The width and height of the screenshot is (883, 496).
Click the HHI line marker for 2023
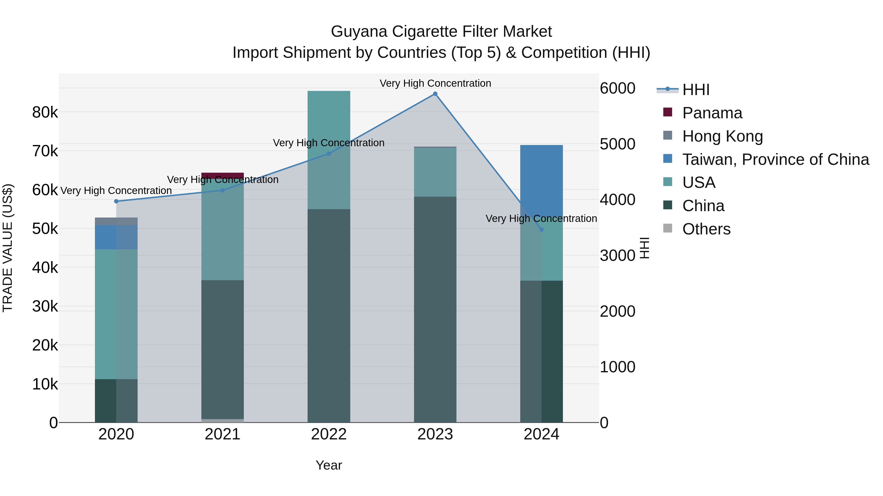tap(435, 94)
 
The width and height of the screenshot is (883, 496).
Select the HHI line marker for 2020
tap(116, 201)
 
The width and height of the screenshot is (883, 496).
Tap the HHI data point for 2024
tap(541, 230)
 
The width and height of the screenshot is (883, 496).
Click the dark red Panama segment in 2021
tap(222, 175)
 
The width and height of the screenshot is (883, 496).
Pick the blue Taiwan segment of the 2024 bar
tap(541, 178)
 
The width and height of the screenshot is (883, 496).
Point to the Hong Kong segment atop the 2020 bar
tap(116, 221)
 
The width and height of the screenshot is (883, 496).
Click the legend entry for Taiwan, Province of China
tap(775, 159)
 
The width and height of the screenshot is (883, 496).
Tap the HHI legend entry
tap(696, 90)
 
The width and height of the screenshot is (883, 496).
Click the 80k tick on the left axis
tap(45, 112)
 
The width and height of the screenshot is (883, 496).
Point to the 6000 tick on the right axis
tap(617, 88)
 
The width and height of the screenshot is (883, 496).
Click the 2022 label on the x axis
tap(329, 434)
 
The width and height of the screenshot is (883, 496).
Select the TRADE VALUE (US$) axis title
tap(8, 248)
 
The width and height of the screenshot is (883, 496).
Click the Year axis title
tap(329, 465)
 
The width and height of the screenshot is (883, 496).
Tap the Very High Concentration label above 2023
tap(435, 83)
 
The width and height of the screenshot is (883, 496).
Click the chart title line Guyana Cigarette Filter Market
tap(441, 32)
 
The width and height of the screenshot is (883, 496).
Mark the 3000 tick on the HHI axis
tap(617, 256)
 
